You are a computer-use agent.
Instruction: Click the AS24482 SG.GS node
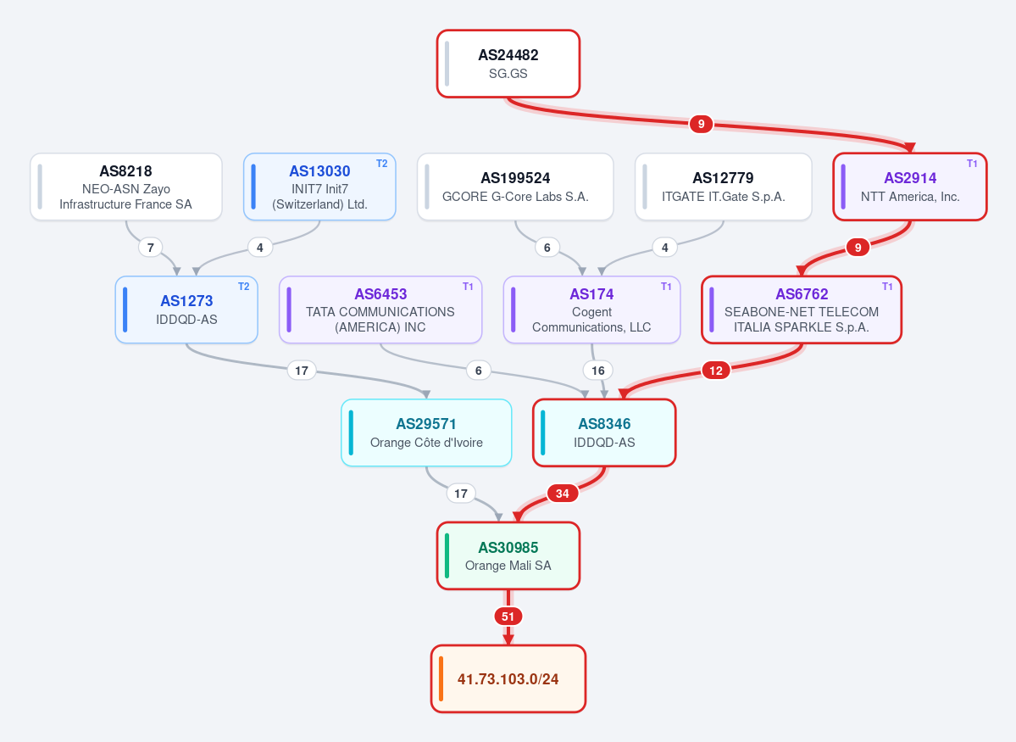508,64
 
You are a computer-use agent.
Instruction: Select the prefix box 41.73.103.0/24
508,678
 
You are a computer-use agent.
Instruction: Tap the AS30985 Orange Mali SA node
508,555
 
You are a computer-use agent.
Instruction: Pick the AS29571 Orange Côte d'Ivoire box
426,432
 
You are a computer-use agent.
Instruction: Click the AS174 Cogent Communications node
591,310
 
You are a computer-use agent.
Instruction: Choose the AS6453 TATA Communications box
380,310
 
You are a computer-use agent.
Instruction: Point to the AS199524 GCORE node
515,187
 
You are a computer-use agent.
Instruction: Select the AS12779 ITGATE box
723,187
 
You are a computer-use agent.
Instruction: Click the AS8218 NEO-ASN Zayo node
125,187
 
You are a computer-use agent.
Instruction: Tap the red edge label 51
508,616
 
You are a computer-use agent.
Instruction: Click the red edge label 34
563,494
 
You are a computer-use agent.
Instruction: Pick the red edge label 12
716,371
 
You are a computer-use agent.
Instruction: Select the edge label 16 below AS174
598,371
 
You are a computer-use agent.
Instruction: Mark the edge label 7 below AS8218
150,247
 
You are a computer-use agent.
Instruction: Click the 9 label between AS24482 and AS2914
701,124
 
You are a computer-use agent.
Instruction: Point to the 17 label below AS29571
461,494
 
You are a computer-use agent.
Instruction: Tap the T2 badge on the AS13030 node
381,164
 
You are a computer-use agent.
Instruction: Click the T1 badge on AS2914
972,164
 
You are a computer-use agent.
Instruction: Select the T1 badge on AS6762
887,287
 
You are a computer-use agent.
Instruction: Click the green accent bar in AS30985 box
447,555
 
